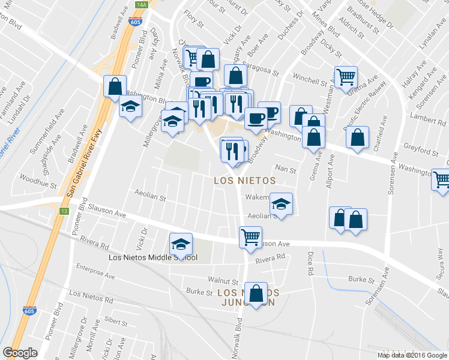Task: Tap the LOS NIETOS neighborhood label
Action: point(245,180)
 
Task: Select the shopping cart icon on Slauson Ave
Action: point(250,236)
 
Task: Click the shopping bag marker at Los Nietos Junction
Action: point(256,293)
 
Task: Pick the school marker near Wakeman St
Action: point(280,204)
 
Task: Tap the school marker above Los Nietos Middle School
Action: point(180,244)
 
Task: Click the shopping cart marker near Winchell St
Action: point(346,77)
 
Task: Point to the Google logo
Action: point(20,352)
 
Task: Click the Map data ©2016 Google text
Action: point(412,355)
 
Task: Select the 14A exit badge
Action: point(141,4)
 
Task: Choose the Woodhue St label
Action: point(38,178)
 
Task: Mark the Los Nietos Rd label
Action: point(91,296)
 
